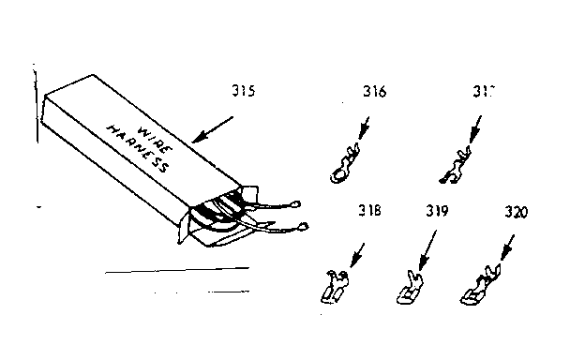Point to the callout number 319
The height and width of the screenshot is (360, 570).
(436, 212)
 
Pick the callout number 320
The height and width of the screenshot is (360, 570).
(515, 212)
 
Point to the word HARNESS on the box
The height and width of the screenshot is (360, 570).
(137, 150)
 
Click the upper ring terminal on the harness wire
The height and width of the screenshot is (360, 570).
(296, 200)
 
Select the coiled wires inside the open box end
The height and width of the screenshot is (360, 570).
(222, 211)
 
